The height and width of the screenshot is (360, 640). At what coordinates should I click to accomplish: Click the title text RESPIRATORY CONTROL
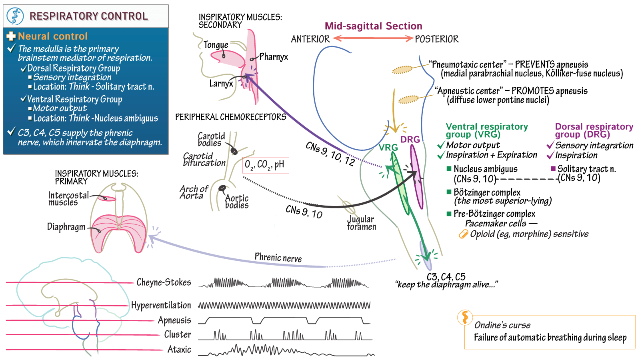pos(88,16)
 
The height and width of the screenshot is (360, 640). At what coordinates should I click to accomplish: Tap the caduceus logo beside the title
pos(15,16)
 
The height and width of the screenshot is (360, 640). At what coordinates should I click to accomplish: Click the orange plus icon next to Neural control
pos(11,36)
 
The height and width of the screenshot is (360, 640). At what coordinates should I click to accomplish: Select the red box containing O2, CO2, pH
pos(265,165)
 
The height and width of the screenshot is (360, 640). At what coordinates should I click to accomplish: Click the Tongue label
pos(216,45)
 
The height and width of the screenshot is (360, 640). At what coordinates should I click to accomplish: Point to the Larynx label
pos(221,84)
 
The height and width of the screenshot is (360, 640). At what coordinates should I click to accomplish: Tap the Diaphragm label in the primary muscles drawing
pos(66,227)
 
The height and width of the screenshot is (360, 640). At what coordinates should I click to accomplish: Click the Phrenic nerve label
pos(278,258)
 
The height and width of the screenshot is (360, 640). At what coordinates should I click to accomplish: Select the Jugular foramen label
pos(362,223)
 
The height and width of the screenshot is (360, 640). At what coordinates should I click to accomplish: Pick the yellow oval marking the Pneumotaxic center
pos(402,70)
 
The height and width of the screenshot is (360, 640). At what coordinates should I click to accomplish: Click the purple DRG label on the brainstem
pos(410,139)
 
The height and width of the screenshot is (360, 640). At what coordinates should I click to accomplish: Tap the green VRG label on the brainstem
pos(388,147)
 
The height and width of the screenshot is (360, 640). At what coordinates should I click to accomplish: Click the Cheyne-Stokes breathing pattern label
pos(164,282)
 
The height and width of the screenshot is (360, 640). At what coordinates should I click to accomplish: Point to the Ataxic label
pos(179,350)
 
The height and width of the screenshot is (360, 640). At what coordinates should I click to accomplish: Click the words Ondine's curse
pos(502,325)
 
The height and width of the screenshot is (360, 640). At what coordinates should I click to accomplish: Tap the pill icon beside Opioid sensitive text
pos(463,234)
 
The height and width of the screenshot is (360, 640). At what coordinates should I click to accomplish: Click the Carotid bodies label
pos(211,139)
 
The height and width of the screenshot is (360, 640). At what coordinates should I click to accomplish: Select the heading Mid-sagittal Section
pos(373,26)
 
